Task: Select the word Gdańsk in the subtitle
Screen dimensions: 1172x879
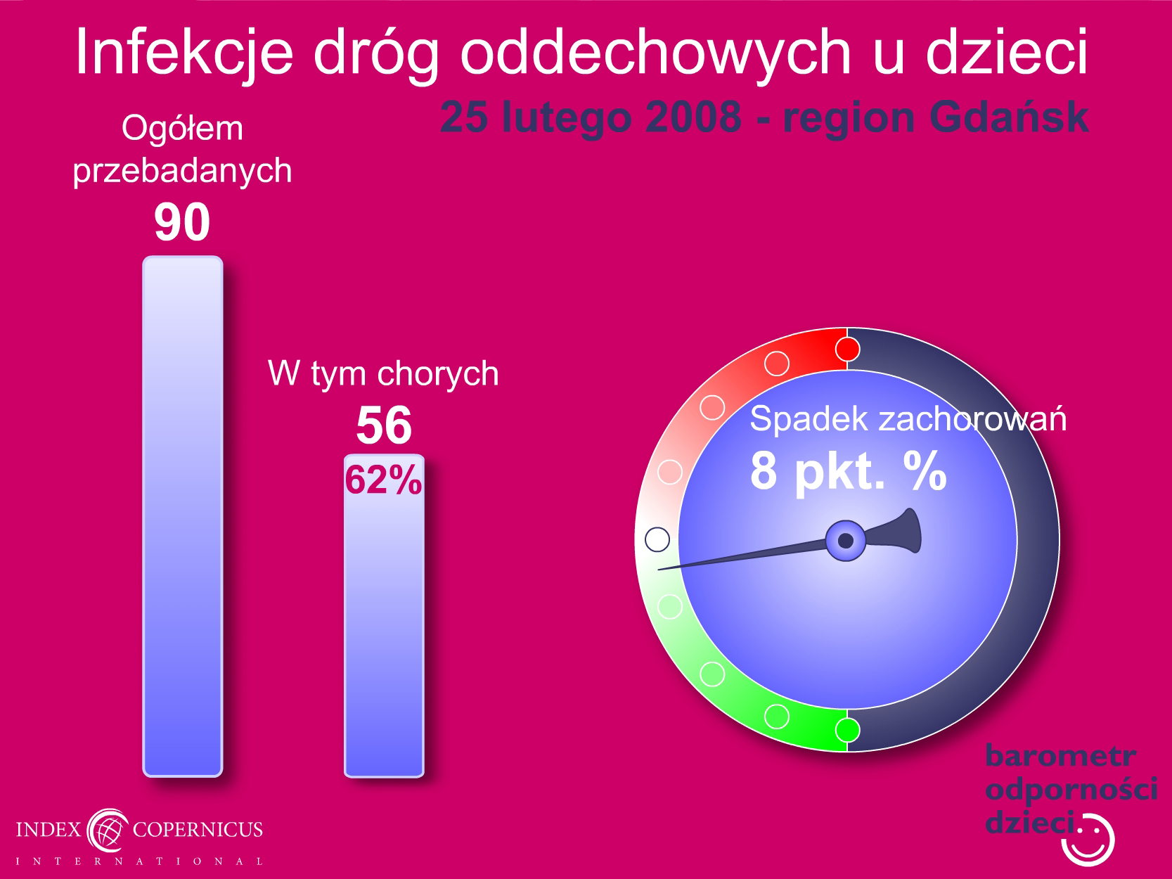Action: click(x=1009, y=117)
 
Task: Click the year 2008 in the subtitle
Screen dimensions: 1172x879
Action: click(x=693, y=117)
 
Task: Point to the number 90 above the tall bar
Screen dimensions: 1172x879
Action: click(x=182, y=222)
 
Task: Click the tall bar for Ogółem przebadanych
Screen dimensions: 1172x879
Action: click(x=183, y=516)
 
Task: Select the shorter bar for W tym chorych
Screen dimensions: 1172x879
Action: click(x=384, y=616)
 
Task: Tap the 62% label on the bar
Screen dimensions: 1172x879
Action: click(x=383, y=480)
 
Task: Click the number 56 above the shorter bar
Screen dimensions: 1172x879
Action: click(x=384, y=425)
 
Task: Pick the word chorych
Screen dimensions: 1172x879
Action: click(x=438, y=374)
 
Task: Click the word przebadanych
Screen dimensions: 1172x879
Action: click(x=183, y=171)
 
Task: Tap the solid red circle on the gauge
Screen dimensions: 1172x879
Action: click(x=847, y=349)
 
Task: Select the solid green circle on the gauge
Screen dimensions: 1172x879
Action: click(x=847, y=730)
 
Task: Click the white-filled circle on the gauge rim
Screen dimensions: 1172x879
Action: click(x=657, y=539)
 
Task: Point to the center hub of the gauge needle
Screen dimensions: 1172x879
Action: click(x=846, y=541)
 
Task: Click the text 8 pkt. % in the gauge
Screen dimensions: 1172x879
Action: click(x=849, y=471)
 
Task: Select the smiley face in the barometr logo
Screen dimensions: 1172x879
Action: click(x=1088, y=840)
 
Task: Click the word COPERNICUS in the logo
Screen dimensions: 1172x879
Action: click(x=198, y=830)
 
